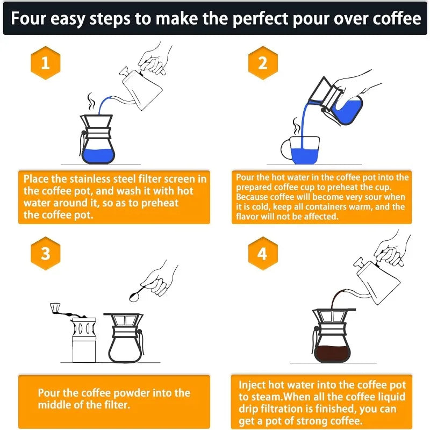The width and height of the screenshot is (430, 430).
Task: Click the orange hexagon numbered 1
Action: click(45, 63)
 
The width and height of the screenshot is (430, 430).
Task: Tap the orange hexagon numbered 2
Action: click(262, 63)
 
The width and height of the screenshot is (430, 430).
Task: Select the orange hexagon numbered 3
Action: click(45, 253)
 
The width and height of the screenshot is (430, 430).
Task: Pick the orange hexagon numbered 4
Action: click(262, 253)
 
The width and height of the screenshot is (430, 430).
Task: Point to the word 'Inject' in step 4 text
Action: click(253, 385)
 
